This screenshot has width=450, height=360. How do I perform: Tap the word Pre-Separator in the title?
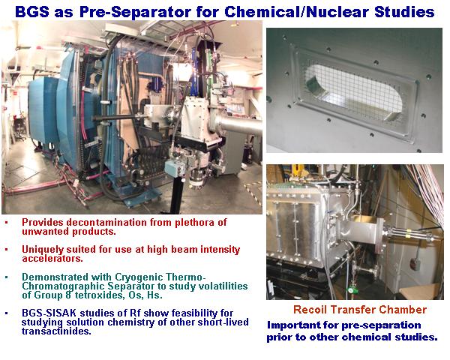[x=136, y=12]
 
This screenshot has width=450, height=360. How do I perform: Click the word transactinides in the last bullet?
[x=56, y=331]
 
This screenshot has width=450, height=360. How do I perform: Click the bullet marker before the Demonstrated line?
[x=7, y=277]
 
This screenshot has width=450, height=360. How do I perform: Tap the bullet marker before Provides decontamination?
[x=7, y=223]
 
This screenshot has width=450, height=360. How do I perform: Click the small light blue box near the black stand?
[x=175, y=168]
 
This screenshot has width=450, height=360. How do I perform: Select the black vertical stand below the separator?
[x=177, y=194]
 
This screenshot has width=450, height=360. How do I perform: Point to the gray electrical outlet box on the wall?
[x=415, y=263]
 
